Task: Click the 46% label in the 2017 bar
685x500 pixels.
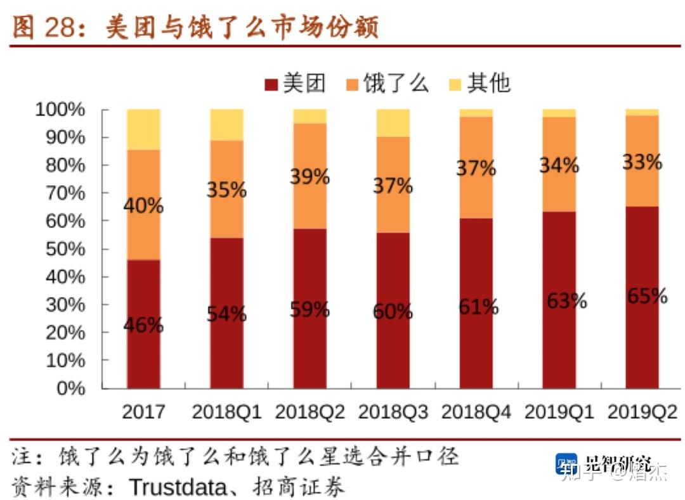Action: [x=143, y=326]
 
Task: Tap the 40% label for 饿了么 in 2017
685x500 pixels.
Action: [x=143, y=206]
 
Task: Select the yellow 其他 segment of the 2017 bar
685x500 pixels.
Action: [x=143, y=129]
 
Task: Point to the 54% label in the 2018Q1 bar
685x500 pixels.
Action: [x=226, y=313]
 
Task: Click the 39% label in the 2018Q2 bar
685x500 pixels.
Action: [x=310, y=177]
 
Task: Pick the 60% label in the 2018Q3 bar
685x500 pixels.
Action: [x=393, y=312]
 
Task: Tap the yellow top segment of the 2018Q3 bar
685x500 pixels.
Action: [x=393, y=122]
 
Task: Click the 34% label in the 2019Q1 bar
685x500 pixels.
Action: [x=559, y=165]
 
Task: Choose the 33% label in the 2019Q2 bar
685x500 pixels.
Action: [x=642, y=162]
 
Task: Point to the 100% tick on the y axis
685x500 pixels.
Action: [x=60, y=110]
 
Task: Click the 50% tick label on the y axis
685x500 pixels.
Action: [x=65, y=249]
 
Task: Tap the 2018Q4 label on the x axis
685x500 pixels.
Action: [x=476, y=412]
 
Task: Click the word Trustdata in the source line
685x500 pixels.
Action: [x=178, y=487]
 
